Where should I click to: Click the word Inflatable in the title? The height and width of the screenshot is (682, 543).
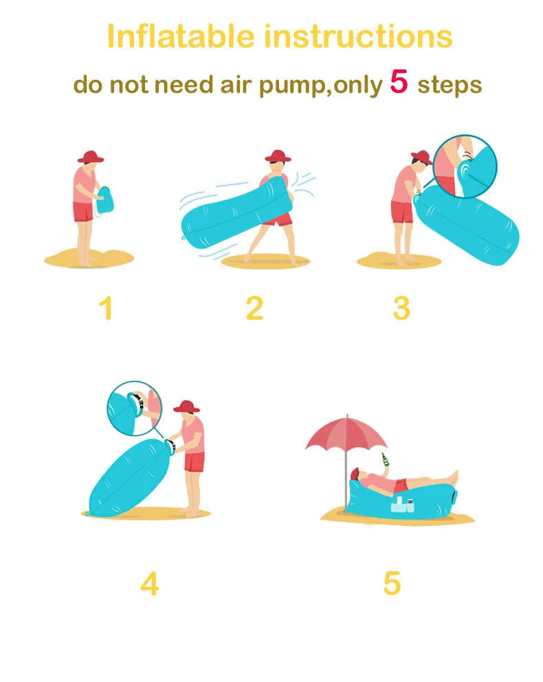(180, 36)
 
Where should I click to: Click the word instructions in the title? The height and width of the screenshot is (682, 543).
(359, 36)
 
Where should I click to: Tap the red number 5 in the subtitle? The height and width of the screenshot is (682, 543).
(399, 81)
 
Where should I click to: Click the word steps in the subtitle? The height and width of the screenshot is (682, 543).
(450, 85)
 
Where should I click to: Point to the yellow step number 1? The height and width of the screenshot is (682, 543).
(106, 309)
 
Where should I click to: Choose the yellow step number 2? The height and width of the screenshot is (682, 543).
(254, 309)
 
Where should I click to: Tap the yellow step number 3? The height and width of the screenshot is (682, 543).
(401, 309)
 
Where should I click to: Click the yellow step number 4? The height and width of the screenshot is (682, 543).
(150, 583)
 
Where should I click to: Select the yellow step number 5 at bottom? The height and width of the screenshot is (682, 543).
(392, 583)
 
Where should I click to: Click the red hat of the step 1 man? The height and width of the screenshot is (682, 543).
(91, 157)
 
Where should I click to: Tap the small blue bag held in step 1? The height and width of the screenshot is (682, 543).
(104, 200)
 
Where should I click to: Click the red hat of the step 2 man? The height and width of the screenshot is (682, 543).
(278, 155)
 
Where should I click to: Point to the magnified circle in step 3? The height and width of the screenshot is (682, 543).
(465, 166)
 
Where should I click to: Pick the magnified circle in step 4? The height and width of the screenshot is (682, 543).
(134, 408)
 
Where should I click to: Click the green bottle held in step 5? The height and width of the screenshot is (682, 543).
(385, 459)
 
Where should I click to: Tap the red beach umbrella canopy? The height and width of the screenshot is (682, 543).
(346, 432)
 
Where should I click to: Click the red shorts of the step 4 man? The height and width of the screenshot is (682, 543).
(194, 462)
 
